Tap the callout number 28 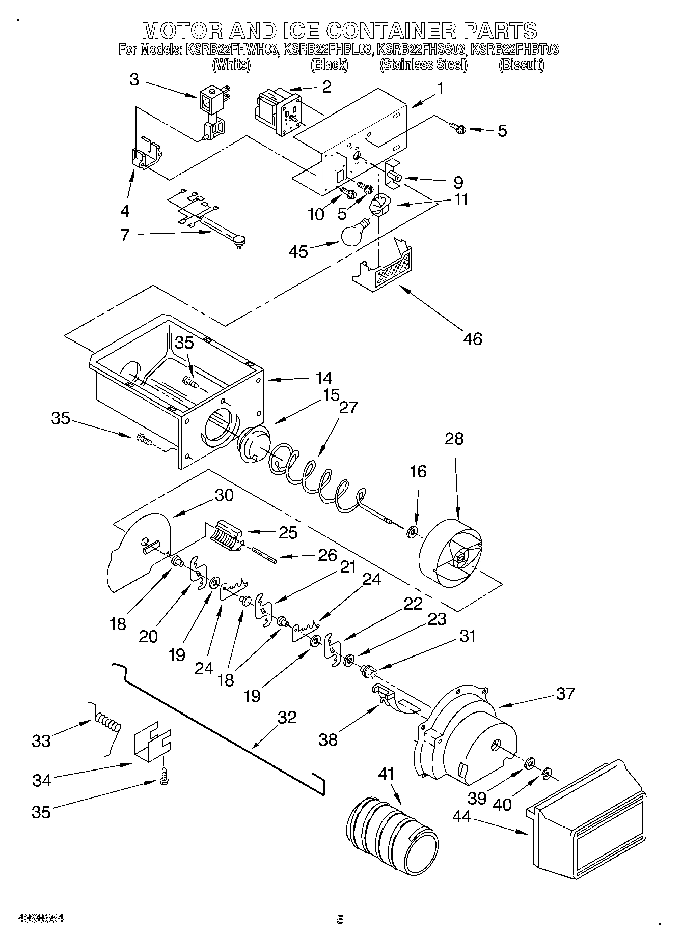tap(454, 438)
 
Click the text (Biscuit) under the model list tap(521, 64)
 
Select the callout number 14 tap(323, 378)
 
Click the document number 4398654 tap(41, 918)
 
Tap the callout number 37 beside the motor tap(565, 693)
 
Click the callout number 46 tap(472, 338)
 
